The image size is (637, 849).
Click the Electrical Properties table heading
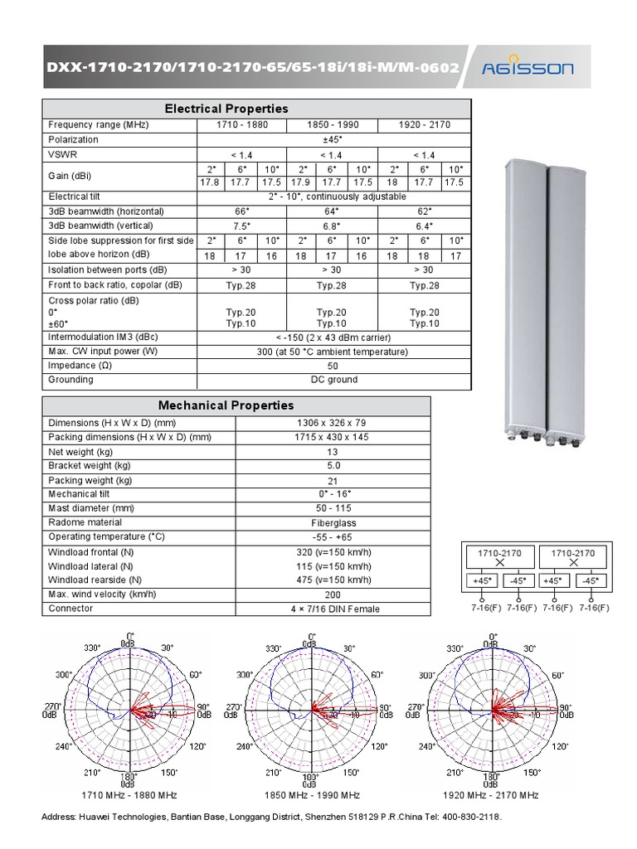tap(226, 109)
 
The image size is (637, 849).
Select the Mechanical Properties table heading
tap(226, 405)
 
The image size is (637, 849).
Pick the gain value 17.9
tap(300, 182)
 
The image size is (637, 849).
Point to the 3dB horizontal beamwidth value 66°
tap(241, 211)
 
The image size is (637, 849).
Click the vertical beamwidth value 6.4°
tap(424, 225)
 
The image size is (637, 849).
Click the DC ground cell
tap(332, 380)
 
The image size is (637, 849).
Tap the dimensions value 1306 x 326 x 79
tap(333, 423)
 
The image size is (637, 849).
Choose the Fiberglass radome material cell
tap(333, 523)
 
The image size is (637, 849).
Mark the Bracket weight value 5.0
tap(333, 466)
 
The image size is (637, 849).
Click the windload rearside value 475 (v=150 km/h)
tap(333, 580)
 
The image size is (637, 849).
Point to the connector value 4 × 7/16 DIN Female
tap(333, 609)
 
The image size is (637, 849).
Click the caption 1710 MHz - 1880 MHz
tap(129, 795)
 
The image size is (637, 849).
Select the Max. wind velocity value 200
tap(333, 594)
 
